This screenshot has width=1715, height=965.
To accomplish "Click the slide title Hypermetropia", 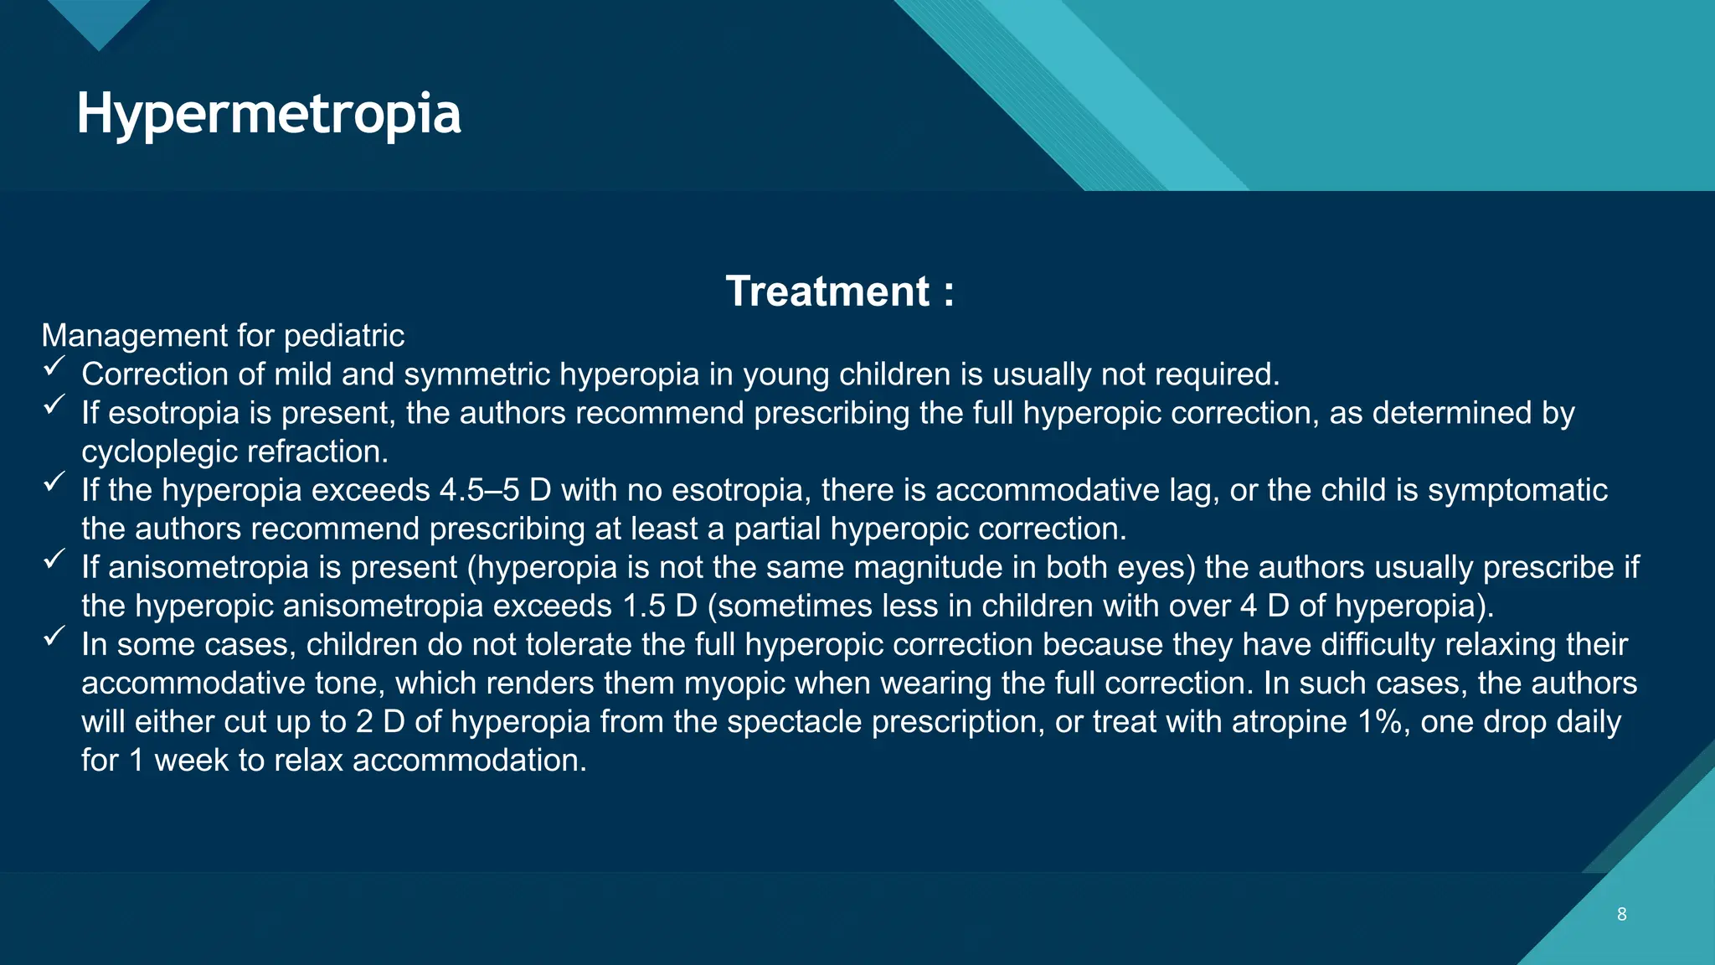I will pos(268,114).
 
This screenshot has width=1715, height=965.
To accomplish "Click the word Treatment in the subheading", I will pos(827,292).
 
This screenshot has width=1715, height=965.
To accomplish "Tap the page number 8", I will pos(1621,914).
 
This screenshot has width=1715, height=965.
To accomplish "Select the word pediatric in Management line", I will pos(343,336).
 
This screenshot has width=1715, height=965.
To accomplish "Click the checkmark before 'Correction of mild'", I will pos(54,367).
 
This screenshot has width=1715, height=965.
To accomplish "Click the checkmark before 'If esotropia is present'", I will pos(54,405).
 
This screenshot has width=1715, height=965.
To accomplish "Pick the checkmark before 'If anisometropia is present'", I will pos(54,560).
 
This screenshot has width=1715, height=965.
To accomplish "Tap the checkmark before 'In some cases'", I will pos(54,637).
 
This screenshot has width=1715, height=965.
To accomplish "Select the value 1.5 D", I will pos(660,606).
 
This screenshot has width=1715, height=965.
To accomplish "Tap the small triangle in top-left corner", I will pos(99,21).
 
